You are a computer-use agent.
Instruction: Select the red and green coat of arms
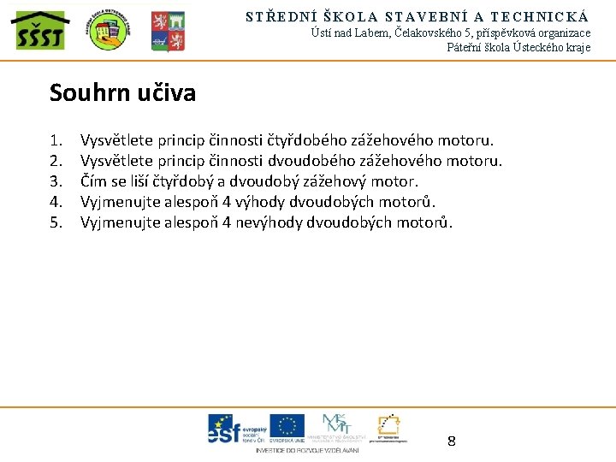(168, 32)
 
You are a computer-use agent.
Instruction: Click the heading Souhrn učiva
(122, 92)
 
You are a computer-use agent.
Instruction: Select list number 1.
(56, 140)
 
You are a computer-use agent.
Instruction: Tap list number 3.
(56, 181)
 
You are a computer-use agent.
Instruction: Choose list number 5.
(56, 222)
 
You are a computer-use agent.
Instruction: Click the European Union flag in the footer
(287, 427)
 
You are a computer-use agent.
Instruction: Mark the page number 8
(452, 441)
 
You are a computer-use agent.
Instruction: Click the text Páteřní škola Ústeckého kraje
(518, 48)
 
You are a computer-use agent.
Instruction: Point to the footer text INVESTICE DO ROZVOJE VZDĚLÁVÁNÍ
(307, 450)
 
